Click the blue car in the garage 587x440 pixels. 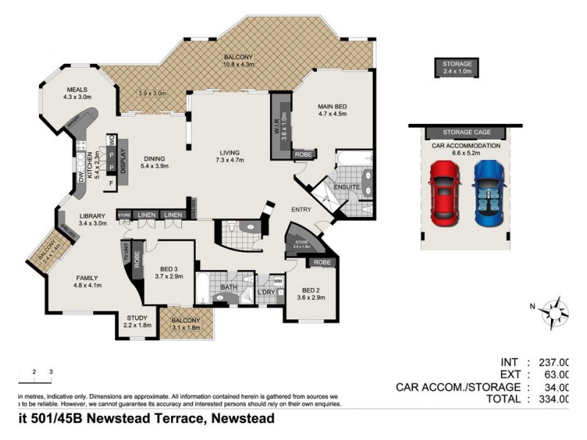(x=489, y=192)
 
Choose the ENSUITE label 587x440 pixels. (x=346, y=187)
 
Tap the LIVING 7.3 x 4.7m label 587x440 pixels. (x=229, y=156)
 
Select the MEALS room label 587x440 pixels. (x=76, y=93)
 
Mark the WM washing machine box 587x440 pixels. (x=277, y=280)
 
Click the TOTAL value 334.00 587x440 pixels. (x=554, y=399)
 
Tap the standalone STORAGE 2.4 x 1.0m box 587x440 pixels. (x=457, y=67)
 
